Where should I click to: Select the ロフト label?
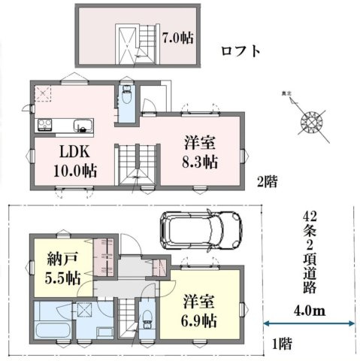(241, 52)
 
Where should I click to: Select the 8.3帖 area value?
(201, 161)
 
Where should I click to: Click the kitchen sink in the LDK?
(79, 125)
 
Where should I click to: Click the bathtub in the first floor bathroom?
(53, 332)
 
